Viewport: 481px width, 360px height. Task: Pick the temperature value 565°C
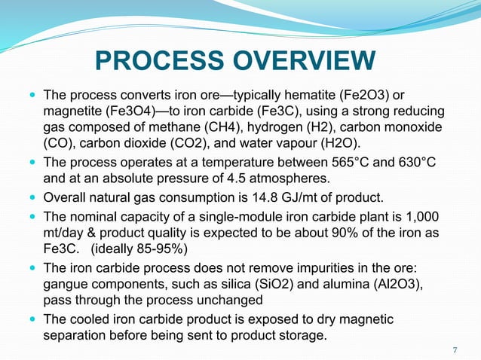355,163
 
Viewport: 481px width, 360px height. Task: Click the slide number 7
455,349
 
